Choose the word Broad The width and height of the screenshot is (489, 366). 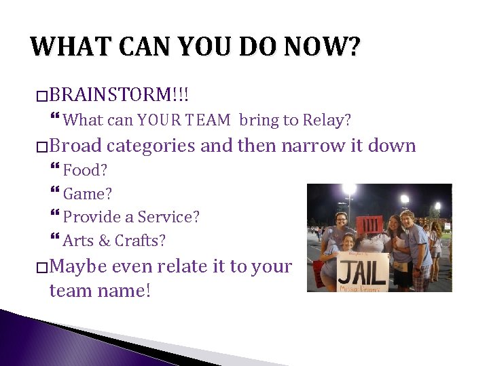point(75,146)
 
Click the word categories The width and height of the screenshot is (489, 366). point(152,146)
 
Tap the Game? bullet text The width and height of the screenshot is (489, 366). point(88,194)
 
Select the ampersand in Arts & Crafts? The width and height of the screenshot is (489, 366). point(104,241)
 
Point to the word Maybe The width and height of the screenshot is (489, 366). point(78,266)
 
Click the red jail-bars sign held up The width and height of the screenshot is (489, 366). point(371,224)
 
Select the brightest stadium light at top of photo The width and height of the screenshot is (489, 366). point(349,189)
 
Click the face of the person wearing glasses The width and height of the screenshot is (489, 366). point(341,220)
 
